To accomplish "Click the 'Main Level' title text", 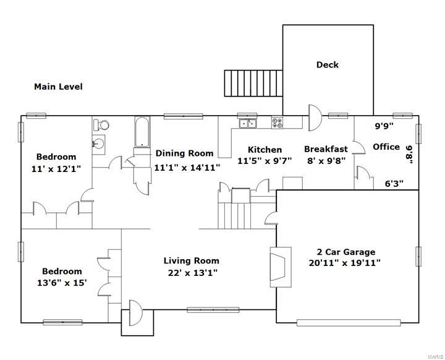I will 58,87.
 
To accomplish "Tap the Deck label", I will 328,65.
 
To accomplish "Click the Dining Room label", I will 184,153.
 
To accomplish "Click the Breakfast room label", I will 325,149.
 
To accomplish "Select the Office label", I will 386,147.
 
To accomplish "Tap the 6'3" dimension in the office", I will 394,183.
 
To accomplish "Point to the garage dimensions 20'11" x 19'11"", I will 344,262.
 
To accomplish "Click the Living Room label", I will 191,261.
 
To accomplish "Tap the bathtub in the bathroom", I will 141,132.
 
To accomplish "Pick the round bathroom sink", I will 98,144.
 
